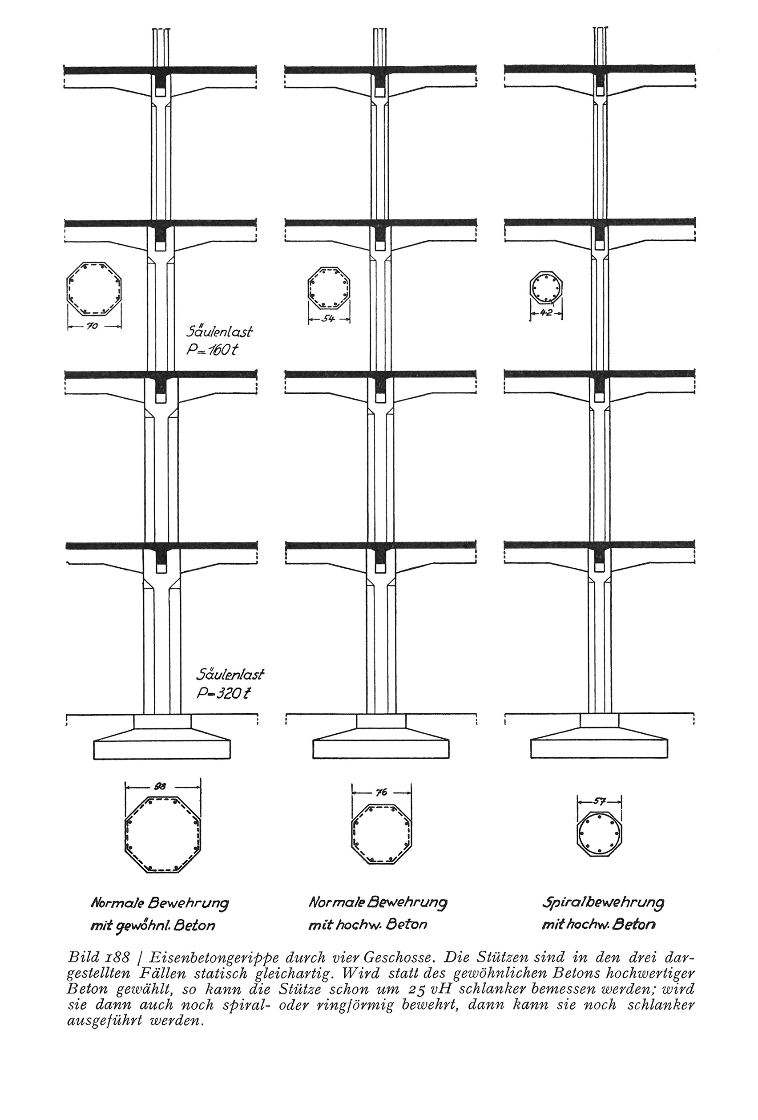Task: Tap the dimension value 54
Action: [x=329, y=319]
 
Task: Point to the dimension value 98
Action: [x=163, y=785]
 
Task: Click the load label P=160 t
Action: [x=213, y=350]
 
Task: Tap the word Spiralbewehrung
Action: [x=603, y=902]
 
